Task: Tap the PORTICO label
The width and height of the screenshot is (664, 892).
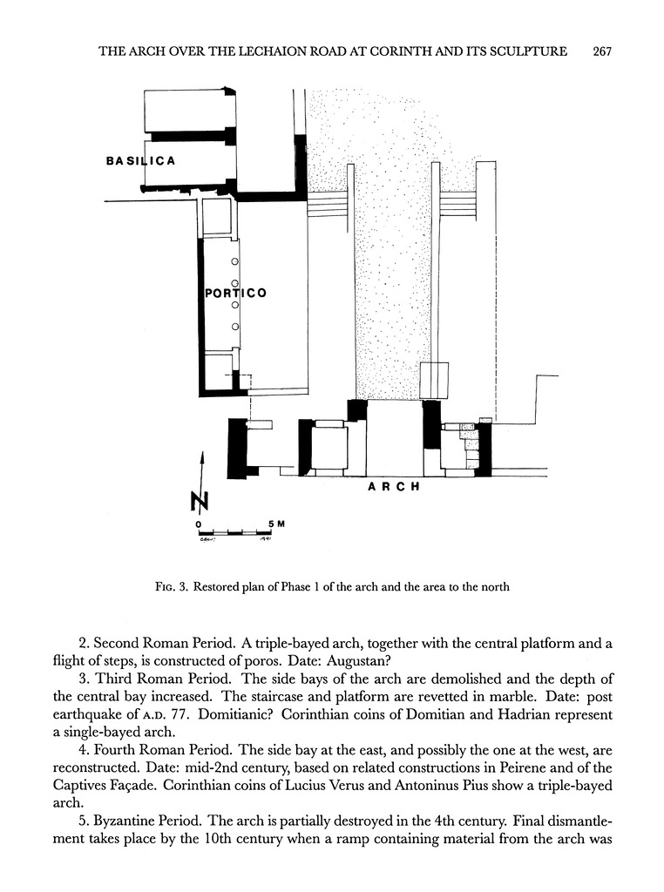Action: pos(235,294)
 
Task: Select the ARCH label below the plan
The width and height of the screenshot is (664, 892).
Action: pos(394,486)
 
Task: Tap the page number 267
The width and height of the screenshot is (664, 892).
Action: pos(602,51)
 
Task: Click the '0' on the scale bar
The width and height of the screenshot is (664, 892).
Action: pos(200,523)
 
